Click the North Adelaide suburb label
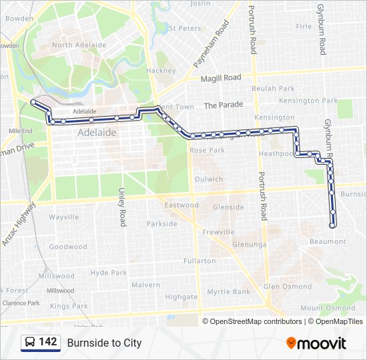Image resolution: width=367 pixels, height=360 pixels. [79, 45]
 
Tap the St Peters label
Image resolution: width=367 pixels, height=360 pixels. [185, 29]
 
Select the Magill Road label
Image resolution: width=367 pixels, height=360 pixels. [222, 78]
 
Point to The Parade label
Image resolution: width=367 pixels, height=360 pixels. [224, 105]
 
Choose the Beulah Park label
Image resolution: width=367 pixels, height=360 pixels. [273, 89]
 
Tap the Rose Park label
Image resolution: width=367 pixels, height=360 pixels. [207, 151]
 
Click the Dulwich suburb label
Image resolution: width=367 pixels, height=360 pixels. [209, 179]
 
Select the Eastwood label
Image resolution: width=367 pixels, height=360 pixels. [181, 205]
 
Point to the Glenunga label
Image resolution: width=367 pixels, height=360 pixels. [250, 245]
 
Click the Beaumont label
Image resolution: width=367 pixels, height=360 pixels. [328, 241]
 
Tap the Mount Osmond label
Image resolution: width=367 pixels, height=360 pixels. [328, 308]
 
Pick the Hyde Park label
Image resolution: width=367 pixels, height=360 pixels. [109, 273]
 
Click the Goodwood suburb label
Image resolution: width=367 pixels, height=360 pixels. [68, 247]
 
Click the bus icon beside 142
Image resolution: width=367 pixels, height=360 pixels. [30, 343]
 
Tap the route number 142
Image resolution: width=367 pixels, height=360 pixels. [48, 342]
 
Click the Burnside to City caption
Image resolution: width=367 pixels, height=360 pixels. [104, 343]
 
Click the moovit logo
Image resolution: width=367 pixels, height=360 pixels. [316, 343]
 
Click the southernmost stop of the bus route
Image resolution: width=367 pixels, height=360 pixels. [333, 224]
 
